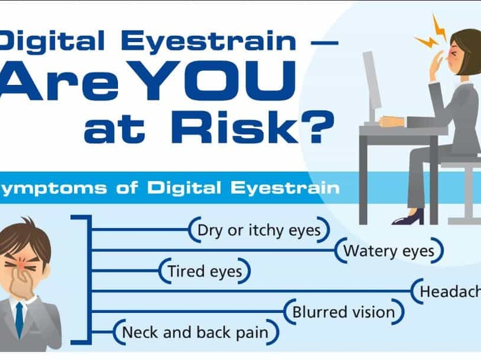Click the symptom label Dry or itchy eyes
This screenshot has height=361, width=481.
tap(259, 230)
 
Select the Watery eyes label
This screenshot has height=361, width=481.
tap(389, 251)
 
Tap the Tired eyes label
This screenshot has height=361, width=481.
tap(205, 271)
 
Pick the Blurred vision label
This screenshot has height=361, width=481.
tap(343, 312)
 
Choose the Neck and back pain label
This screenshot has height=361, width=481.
tap(195, 333)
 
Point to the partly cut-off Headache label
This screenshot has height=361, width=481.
tap(450, 292)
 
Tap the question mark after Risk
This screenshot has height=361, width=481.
tap(318, 126)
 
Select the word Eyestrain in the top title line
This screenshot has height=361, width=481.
tap(209, 40)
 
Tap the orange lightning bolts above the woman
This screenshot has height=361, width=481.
tap(431, 32)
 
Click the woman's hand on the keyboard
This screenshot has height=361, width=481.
tap(392, 122)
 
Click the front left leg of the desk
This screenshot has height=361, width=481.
tap(364, 179)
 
